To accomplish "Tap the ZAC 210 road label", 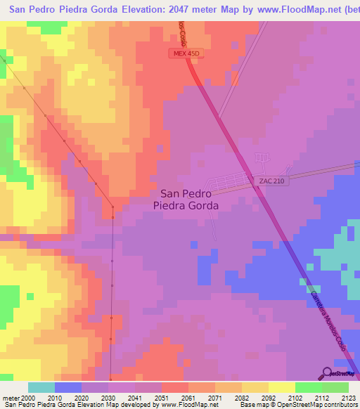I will [271, 181].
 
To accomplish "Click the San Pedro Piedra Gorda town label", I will [186, 200].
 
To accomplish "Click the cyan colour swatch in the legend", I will [41, 387].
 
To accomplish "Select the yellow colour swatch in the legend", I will [281, 387].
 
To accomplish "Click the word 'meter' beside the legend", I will [9, 397].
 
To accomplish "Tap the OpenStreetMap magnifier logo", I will [328, 373].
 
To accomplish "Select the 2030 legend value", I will [108, 397].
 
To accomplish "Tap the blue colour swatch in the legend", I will [68, 387].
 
